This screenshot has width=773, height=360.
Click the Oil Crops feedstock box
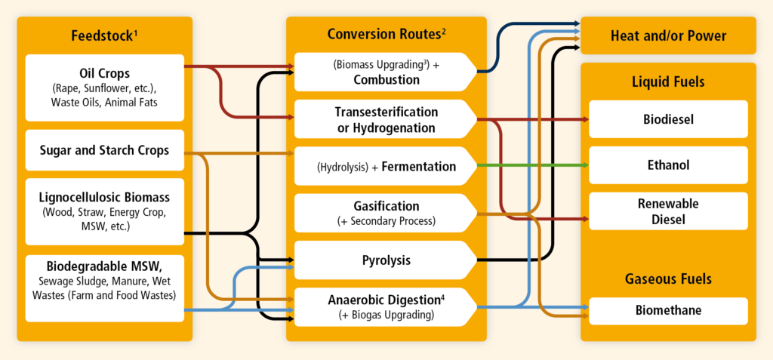tap(104, 88)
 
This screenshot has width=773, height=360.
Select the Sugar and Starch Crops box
tap(104, 150)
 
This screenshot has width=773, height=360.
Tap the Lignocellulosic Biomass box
tap(104, 211)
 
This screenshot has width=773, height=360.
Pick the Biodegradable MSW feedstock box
tap(104, 288)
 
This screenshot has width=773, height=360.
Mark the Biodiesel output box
tap(669, 119)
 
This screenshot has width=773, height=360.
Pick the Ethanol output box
tap(669, 165)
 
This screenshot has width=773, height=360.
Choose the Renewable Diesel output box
tap(669, 211)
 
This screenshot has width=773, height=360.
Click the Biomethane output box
tap(669, 311)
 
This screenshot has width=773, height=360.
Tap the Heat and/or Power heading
tap(669, 36)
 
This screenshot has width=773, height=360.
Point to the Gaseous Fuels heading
tap(669, 279)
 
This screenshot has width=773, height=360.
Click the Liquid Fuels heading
tap(669, 82)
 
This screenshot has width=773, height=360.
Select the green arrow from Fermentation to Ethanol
tap(533, 165)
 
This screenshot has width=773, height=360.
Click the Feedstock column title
tap(104, 35)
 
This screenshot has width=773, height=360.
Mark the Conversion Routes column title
tap(386, 34)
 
